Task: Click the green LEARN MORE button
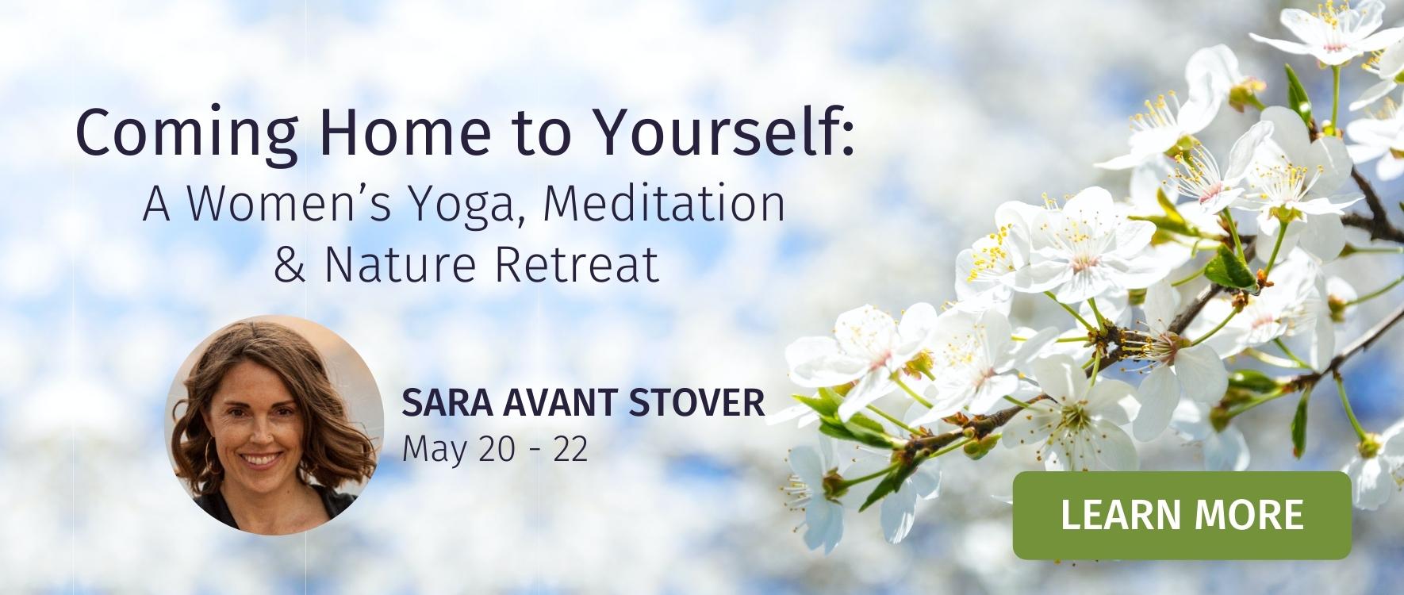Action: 1182,516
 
